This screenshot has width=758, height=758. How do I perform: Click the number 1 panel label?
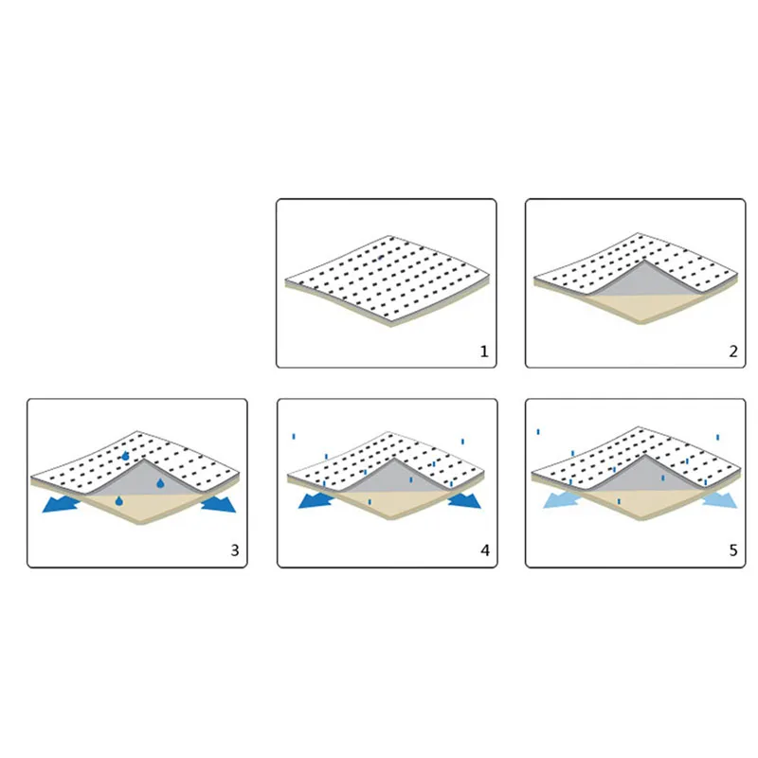484,352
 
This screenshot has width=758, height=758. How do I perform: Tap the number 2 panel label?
733,352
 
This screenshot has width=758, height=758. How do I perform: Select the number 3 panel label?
235,550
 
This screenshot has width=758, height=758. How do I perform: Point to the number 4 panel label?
485,550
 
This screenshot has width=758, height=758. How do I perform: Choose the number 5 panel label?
733,550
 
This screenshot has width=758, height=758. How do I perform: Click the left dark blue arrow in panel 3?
61,504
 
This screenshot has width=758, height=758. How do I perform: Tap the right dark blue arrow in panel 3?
219,503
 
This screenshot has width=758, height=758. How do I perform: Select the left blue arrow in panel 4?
316,500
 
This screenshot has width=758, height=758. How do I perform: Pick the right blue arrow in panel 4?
464,500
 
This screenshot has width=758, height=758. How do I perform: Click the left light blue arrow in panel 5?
561,499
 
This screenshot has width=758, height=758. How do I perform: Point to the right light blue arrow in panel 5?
720,499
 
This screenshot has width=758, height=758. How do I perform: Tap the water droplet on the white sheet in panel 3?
125,456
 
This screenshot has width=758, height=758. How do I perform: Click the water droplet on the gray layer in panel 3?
160,483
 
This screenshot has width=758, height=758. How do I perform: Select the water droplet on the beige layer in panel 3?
119,501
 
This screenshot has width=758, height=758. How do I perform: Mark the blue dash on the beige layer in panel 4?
370,502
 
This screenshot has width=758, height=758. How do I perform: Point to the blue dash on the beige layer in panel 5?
619,502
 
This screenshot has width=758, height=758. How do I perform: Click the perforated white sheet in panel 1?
387,278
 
